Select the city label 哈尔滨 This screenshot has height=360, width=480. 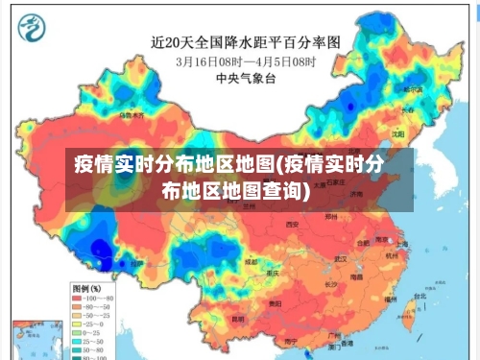click(413, 89)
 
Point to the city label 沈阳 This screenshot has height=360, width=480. click(396, 135)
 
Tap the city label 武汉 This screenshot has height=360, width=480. click(340, 258)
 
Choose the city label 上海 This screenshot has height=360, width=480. click(402, 247)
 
